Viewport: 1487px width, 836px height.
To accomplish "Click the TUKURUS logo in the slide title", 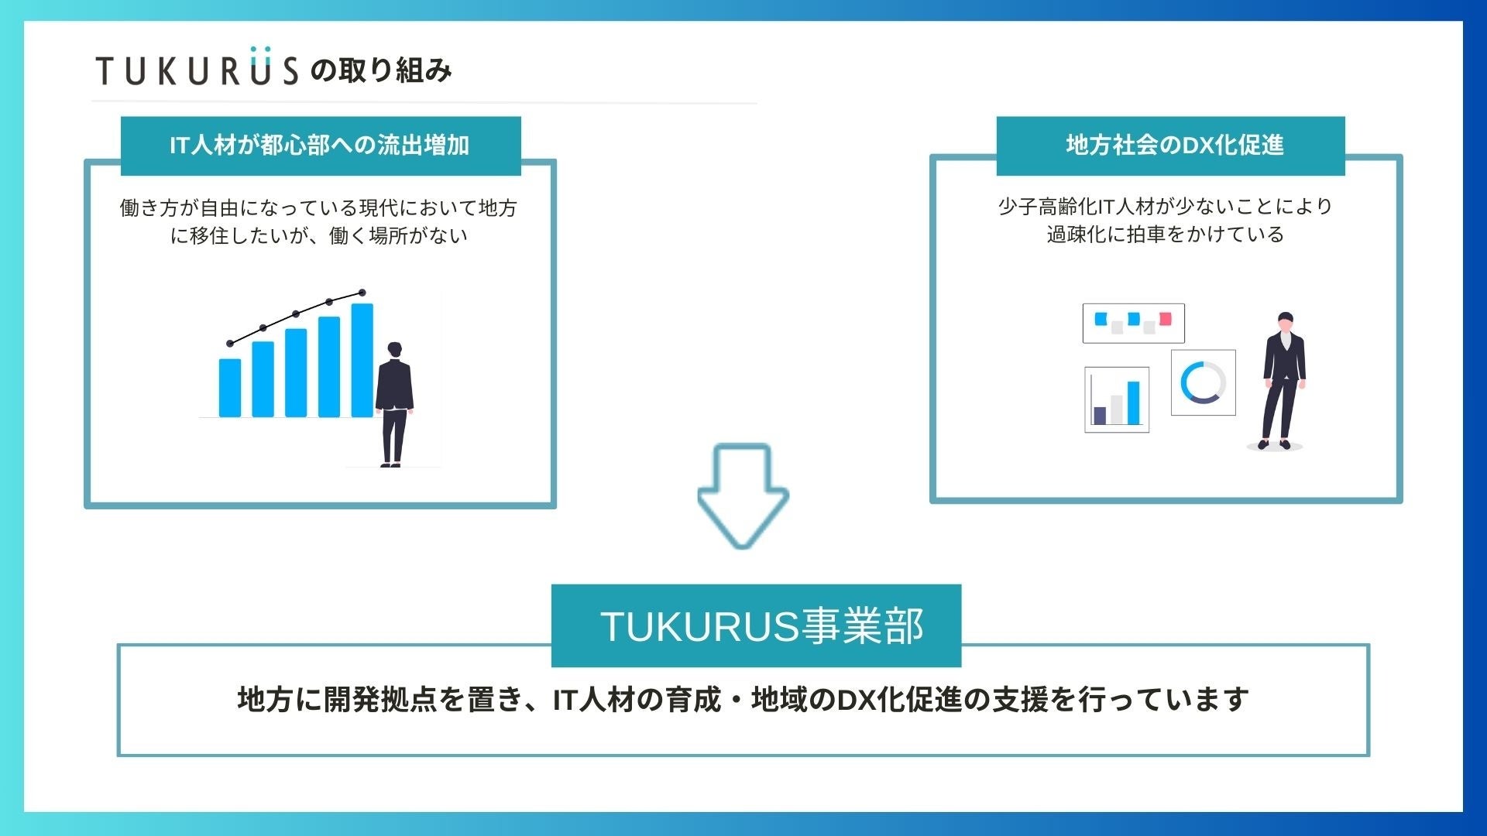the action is coord(197,67).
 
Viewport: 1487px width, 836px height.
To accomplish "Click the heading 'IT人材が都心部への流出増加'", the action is coord(320,145).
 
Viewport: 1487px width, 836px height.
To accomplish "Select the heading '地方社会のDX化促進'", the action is coord(1175,145).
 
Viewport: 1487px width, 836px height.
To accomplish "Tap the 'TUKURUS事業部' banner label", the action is coord(762,626).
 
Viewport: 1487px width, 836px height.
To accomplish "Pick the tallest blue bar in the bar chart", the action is coord(362,360).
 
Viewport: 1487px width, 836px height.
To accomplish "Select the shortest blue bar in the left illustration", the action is coord(230,388).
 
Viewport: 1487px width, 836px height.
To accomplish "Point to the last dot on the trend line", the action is coord(362,293).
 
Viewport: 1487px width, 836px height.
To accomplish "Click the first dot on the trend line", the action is coord(230,344).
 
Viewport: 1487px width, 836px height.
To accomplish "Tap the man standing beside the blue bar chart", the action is coord(394,404).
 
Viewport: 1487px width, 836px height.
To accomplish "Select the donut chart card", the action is coord(1204,382).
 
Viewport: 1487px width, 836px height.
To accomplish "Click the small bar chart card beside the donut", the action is coord(1117,399).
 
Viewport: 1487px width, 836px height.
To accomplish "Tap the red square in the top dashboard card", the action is coord(1166,319).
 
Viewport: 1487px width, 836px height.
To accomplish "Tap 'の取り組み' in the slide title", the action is coord(381,70).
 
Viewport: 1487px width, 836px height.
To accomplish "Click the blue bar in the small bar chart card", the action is coord(1134,403).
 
